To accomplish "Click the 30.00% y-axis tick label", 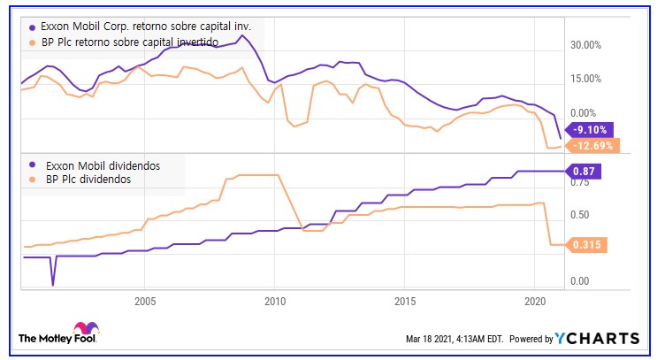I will pyautogui.click(x=585, y=44).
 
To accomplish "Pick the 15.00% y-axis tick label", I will pyautogui.click(x=585, y=79).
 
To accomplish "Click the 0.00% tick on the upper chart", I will pyautogui.click(x=586, y=113).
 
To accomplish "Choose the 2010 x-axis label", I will pyautogui.click(x=274, y=301).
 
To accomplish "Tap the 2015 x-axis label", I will pyautogui.click(x=404, y=301).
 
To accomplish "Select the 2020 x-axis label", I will pyautogui.click(x=534, y=301).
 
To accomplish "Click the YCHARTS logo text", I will pyautogui.click(x=598, y=339).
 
